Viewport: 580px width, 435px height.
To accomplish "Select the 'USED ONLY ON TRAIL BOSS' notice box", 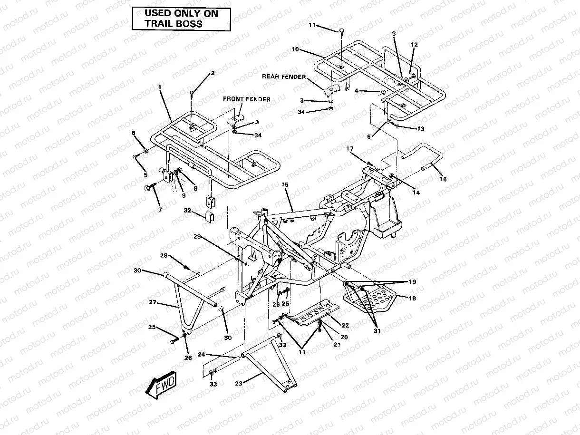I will coord(181,19).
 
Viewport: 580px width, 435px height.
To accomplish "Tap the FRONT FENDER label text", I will coord(247,99).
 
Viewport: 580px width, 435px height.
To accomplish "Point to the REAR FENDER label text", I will coord(284,76).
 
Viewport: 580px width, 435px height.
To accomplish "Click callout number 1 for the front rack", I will coord(160,87).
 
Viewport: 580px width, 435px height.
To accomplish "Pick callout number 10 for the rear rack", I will coord(295,49).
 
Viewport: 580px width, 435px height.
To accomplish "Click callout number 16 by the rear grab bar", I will coord(443,179).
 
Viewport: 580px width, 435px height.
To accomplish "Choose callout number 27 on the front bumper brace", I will coord(153,302).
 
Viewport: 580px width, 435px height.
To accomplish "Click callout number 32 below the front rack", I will coord(187,210).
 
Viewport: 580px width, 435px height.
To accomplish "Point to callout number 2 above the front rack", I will coord(213,73).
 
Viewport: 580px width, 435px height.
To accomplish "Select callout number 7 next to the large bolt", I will coord(160,210).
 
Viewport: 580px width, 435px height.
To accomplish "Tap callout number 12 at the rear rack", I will coord(414,44).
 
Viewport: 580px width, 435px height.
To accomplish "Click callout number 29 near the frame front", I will coord(197,236).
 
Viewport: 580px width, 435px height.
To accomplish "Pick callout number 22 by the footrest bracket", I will coord(345,326).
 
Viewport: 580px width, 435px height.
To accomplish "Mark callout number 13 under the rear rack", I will coord(420,129).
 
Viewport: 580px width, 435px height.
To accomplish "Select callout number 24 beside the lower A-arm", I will coord(201,354).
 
